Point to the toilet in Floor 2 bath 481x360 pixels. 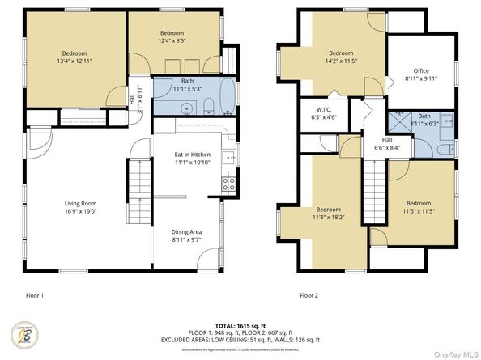tap(445, 148)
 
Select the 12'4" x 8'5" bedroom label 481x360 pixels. tap(171, 36)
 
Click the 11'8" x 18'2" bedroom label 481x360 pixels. tap(328, 213)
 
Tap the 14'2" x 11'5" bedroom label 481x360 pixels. tap(340, 56)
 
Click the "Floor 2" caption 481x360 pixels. tap(309, 296)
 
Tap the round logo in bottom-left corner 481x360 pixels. tap(24, 335)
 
